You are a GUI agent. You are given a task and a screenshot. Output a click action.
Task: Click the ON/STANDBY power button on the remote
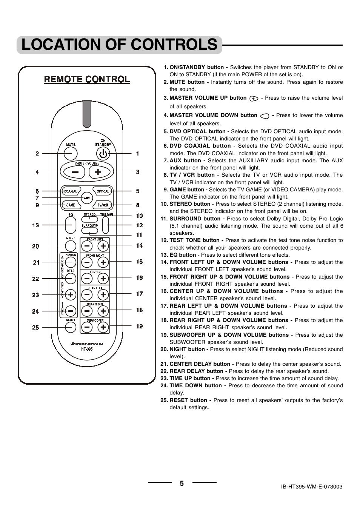[103, 153]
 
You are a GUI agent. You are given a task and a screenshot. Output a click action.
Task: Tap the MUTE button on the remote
[71, 153]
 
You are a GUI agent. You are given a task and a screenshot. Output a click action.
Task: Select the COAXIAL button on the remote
[71, 191]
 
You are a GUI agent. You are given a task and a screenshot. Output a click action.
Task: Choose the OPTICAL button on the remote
[103, 191]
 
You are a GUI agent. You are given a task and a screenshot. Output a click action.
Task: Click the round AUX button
[87, 198]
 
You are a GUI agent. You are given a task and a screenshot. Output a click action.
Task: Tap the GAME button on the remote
[71, 205]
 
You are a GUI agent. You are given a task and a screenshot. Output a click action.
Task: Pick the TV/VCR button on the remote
[103, 205]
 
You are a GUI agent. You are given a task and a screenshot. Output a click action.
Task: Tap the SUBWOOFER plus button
[103, 327]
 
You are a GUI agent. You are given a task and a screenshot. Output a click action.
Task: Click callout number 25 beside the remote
[35, 328]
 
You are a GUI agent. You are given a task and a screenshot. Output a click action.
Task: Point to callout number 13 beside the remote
[35, 225]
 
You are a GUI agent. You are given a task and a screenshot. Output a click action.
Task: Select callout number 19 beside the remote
[140, 326]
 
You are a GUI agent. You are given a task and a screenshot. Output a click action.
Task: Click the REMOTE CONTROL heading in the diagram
[87, 79]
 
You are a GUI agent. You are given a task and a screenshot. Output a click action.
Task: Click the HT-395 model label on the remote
[87, 349]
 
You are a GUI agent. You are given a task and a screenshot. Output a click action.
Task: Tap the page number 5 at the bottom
[182, 484]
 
